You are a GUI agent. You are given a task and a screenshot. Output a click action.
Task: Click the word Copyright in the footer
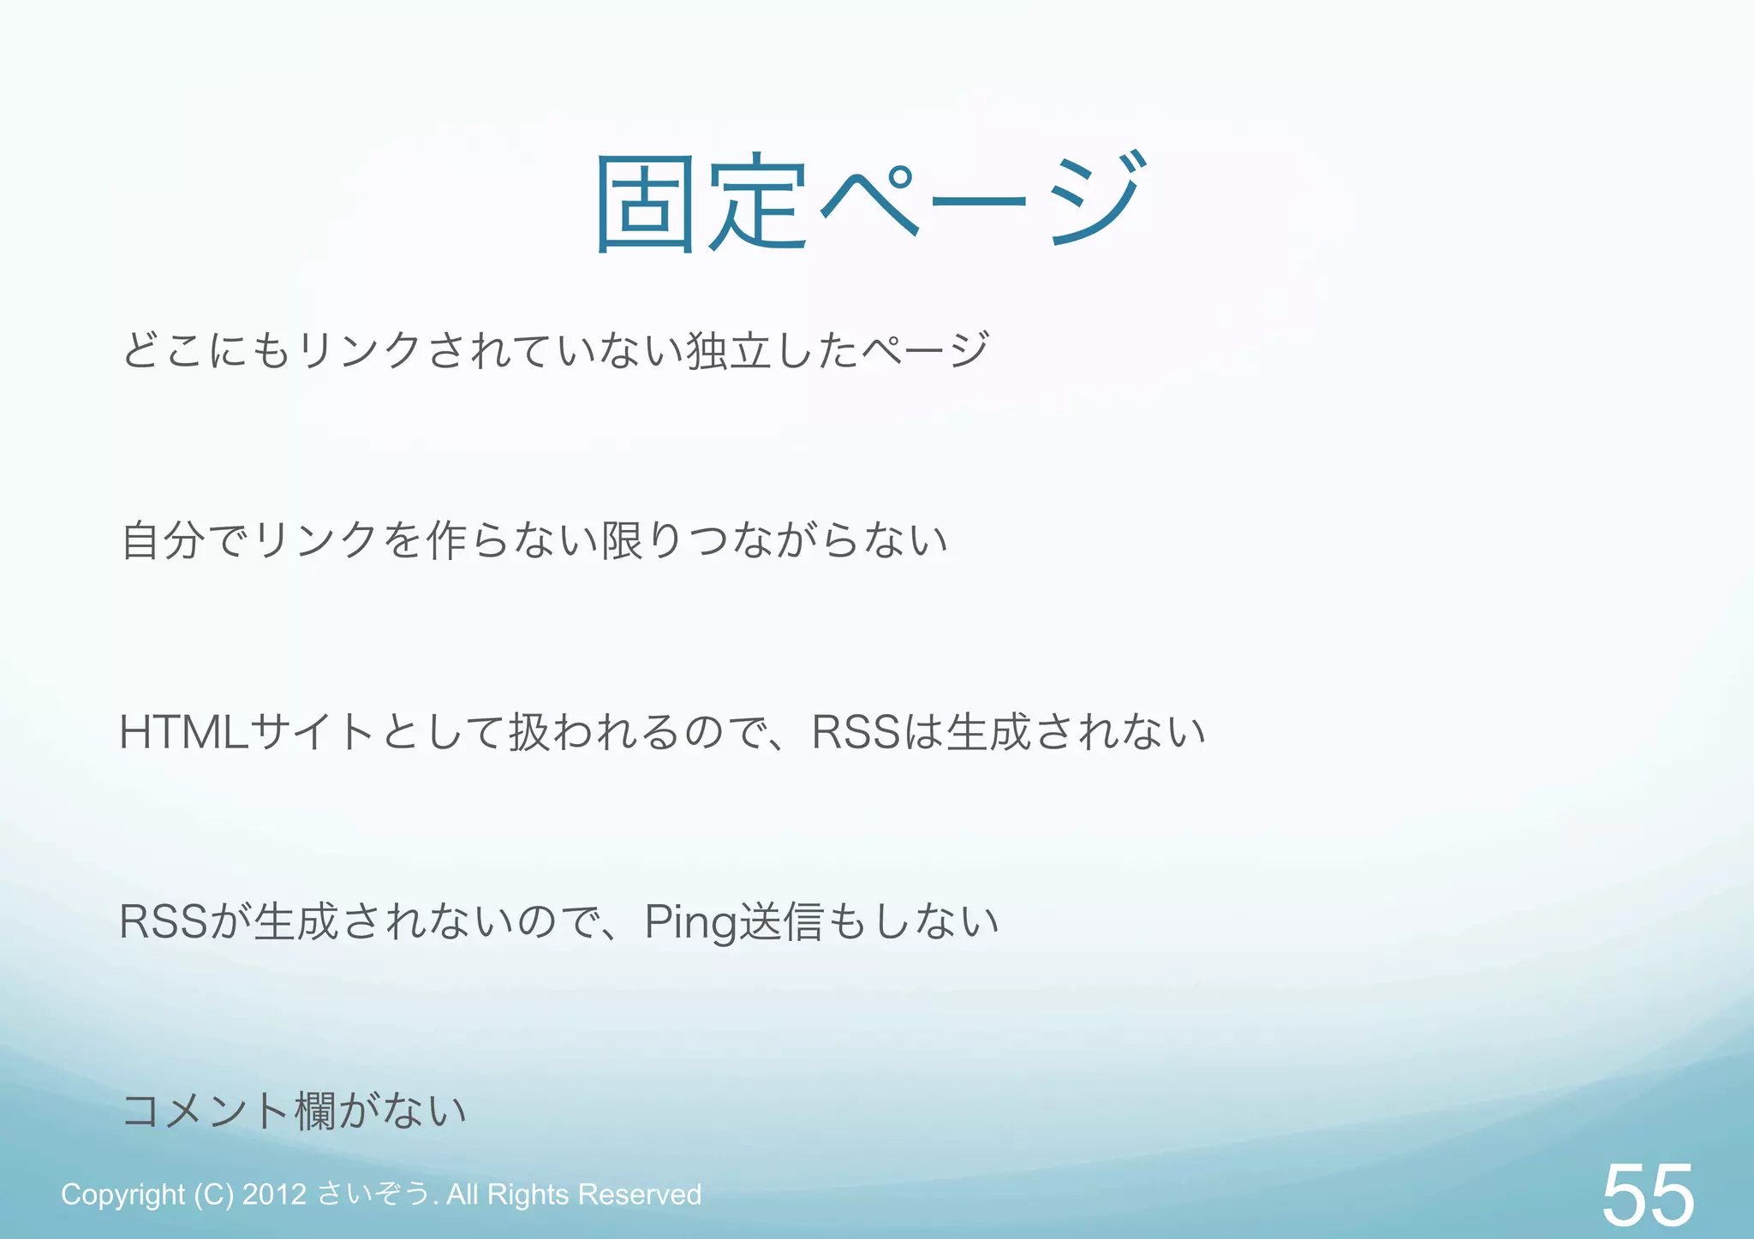pyautogui.click(x=122, y=1194)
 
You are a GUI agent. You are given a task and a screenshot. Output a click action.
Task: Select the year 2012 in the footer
pyautogui.click(x=274, y=1194)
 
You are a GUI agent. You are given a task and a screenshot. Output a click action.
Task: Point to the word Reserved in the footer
pyautogui.click(x=640, y=1194)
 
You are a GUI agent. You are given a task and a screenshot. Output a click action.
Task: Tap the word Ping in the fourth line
pyautogui.click(x=690, y=924)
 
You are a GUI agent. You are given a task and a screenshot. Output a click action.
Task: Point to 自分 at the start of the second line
pyautogui.click(x=163, y=541)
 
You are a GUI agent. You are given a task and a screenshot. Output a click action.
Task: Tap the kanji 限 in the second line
pyautogui.click(x=623, y=541)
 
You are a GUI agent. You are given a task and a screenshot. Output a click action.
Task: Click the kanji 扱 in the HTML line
pyautogui.click(x=529, y=733)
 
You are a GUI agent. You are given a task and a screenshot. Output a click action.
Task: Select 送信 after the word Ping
pyautogui.click(x=779, y=923)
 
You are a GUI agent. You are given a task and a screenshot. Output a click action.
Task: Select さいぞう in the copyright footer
pyautogui.click(x=373, y=1194)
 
